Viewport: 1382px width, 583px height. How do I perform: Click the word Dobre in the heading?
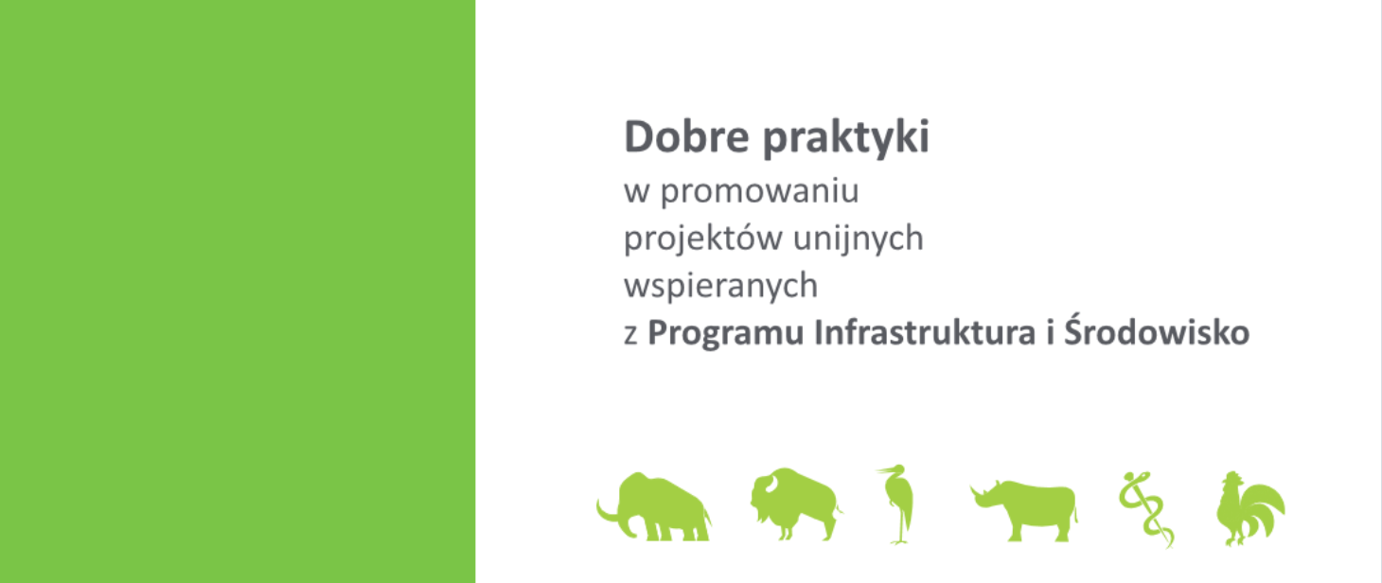click(x=686, y=136)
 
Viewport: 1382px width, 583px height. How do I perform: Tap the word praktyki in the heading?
click(x=846, y=138)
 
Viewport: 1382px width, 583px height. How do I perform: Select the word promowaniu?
click(x=759, y=192)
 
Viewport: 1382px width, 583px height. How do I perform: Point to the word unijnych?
click(x=859, y=238)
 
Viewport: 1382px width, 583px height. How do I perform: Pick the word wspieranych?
click(x=720, y=286)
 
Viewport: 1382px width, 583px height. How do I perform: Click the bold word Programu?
click(x=725, y=334)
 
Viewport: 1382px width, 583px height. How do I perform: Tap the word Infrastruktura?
click(x=924, y=332)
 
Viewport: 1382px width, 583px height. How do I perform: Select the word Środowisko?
click(x=1157, y=330)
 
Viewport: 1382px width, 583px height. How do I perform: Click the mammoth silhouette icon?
click(x=654, y=506)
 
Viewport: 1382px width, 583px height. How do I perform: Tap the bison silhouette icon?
click(x=796, y=504)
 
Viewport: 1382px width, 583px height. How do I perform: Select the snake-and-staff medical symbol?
click(x=1145, y=509)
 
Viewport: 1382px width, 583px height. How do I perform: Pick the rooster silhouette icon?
click(x=1250, y=509)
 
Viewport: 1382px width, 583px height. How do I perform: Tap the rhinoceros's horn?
click(x=975, y=492)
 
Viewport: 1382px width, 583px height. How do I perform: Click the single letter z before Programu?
click(x=630, y=334)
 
